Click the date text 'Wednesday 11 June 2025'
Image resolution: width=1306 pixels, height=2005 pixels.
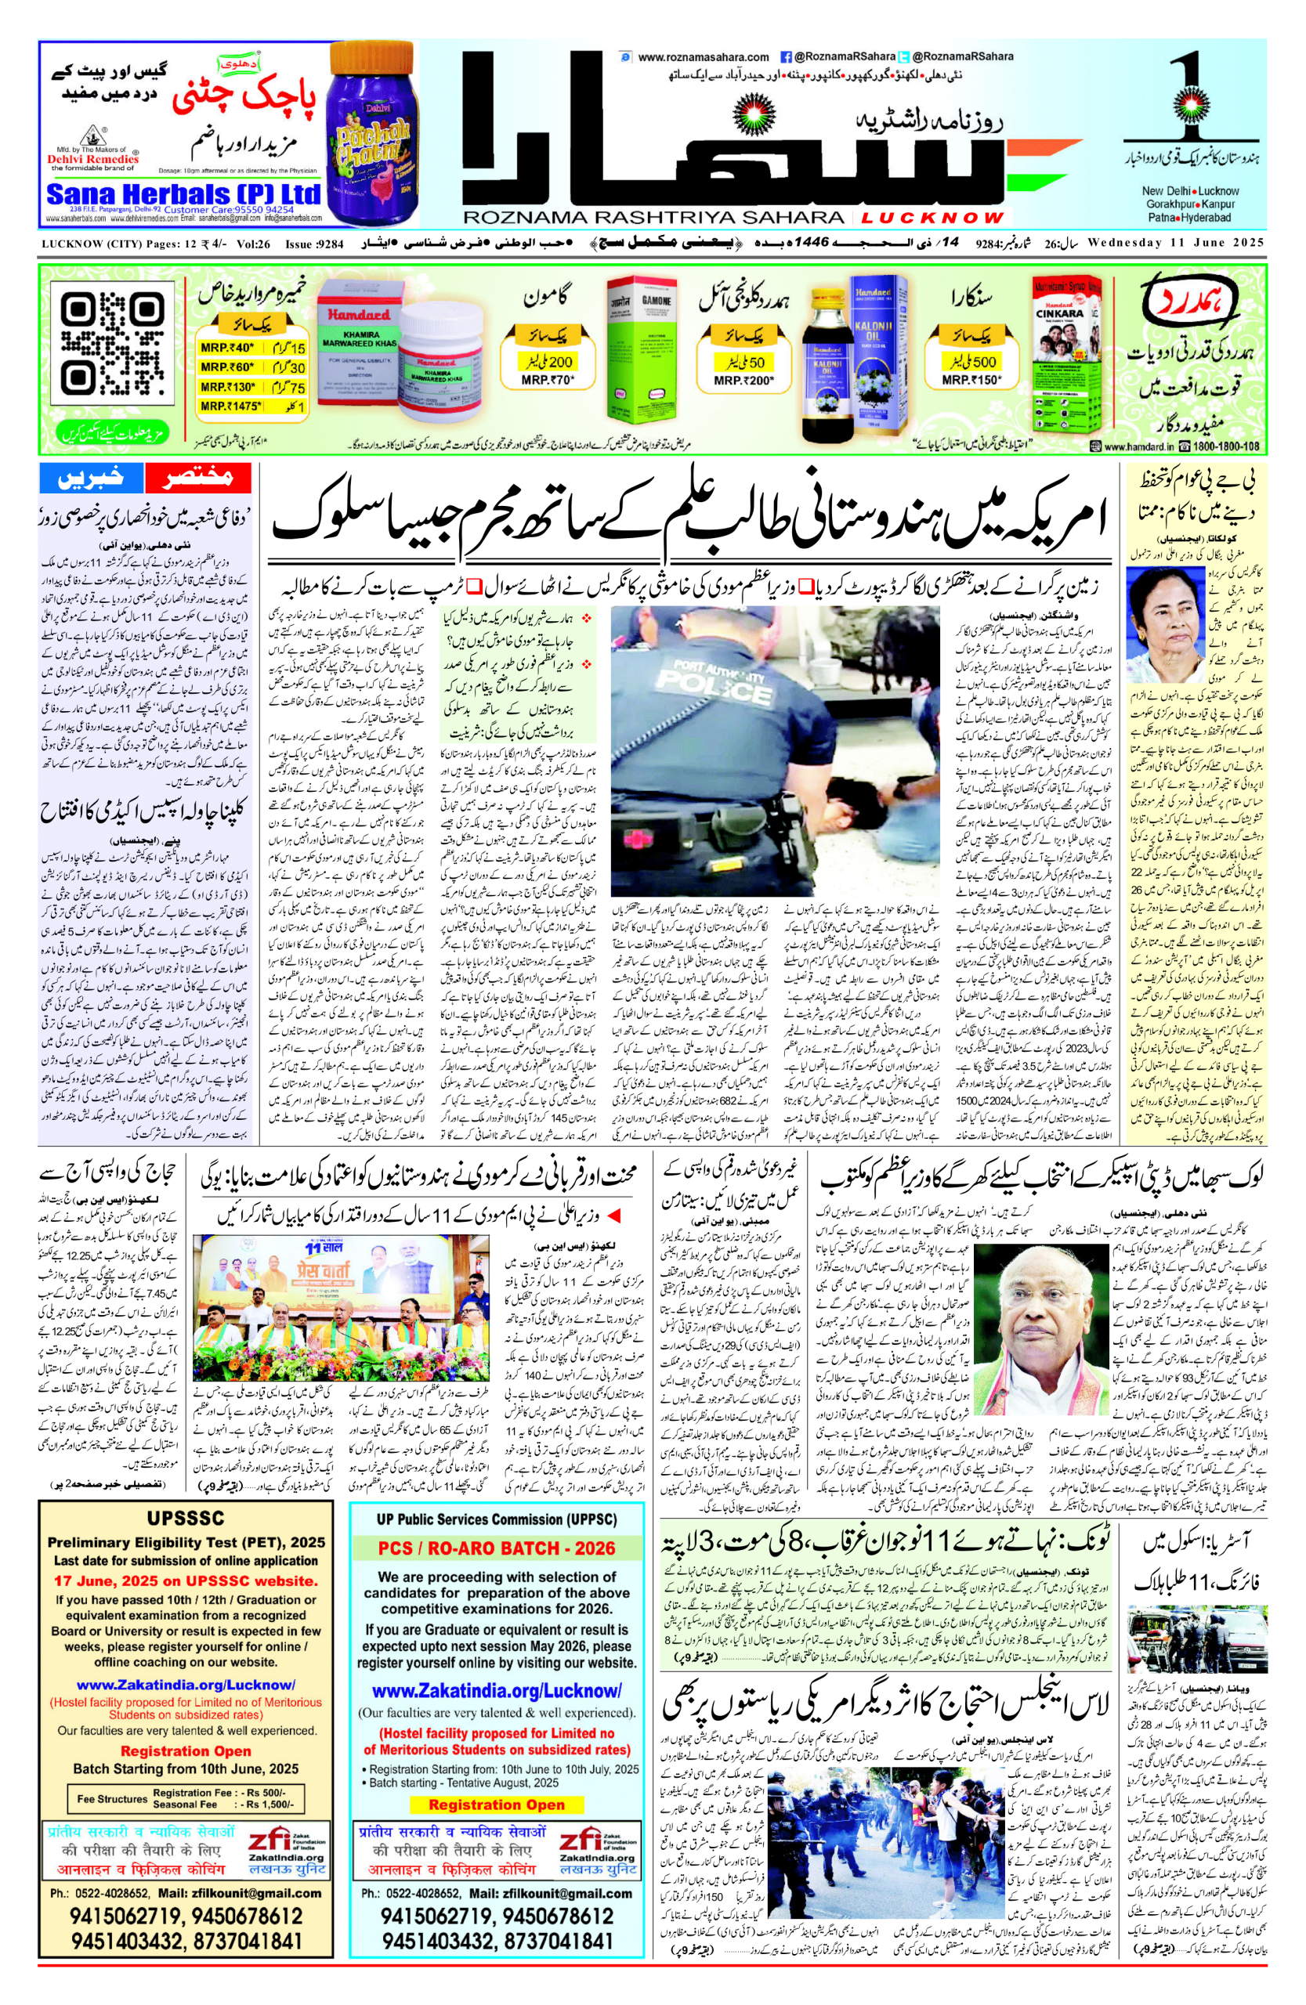point(1176,244)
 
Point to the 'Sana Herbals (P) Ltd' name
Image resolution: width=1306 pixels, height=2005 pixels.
point(183,194)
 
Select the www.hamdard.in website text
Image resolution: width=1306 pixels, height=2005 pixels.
point(1138,446)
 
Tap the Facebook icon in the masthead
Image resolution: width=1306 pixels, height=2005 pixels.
point(785,57)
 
